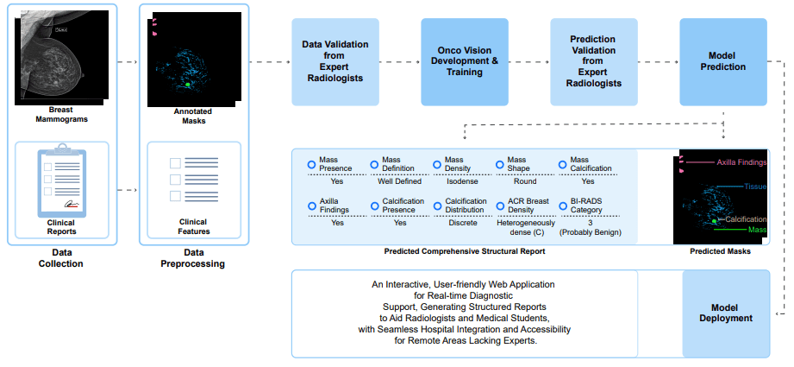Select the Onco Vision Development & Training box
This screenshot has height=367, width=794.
pos(464,60)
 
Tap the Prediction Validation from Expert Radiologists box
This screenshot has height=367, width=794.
pos(593,60)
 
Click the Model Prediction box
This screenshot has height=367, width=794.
pos(722,60)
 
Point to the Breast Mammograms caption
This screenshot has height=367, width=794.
pos(60,115)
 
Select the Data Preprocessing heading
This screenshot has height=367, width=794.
pos(193,258)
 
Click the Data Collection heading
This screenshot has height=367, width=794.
pos(61,258)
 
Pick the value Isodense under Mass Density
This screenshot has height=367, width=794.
pos(462,181)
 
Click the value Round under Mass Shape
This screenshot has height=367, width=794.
pos(524,181)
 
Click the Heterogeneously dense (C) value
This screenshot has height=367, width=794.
pos(524,227)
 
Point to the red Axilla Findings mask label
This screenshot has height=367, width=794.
pos(741,161)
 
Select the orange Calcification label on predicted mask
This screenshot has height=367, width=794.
pos(745,219)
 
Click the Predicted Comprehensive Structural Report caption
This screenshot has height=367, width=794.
pos(465,252)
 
